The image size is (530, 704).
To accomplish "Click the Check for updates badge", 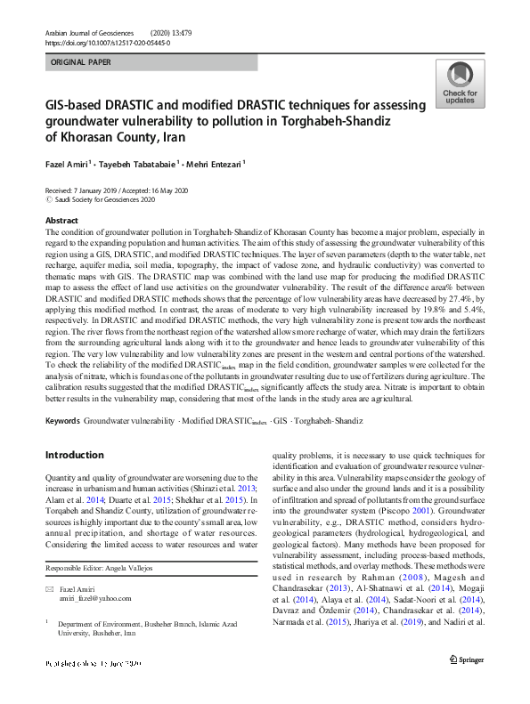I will (459, 85).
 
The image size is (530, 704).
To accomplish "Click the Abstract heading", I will (61, 220).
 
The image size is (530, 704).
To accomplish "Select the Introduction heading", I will (74, 455).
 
